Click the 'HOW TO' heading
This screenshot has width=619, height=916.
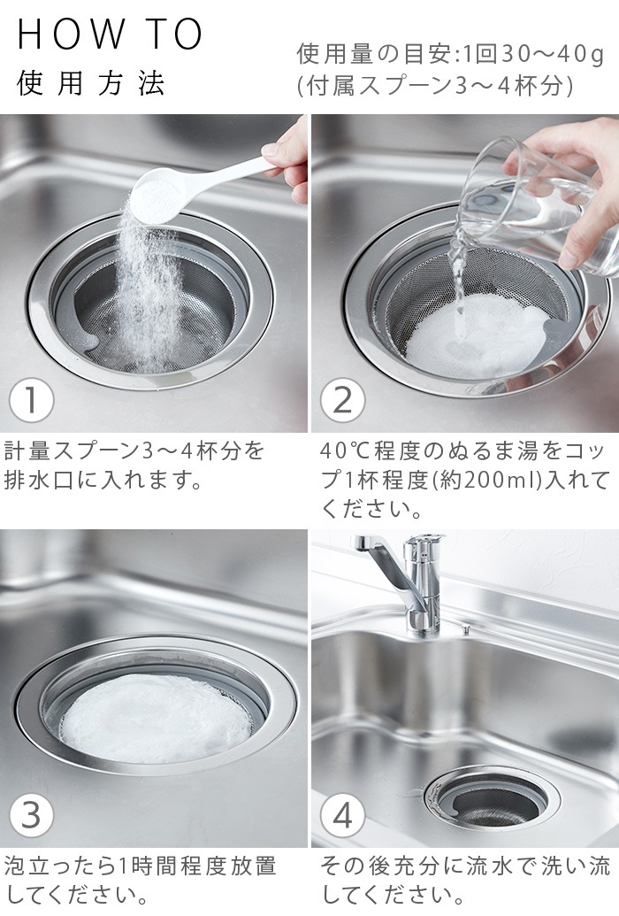110,35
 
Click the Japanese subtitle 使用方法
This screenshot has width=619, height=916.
90,84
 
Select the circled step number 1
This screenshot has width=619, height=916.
31,401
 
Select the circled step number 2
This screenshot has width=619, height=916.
342,401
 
